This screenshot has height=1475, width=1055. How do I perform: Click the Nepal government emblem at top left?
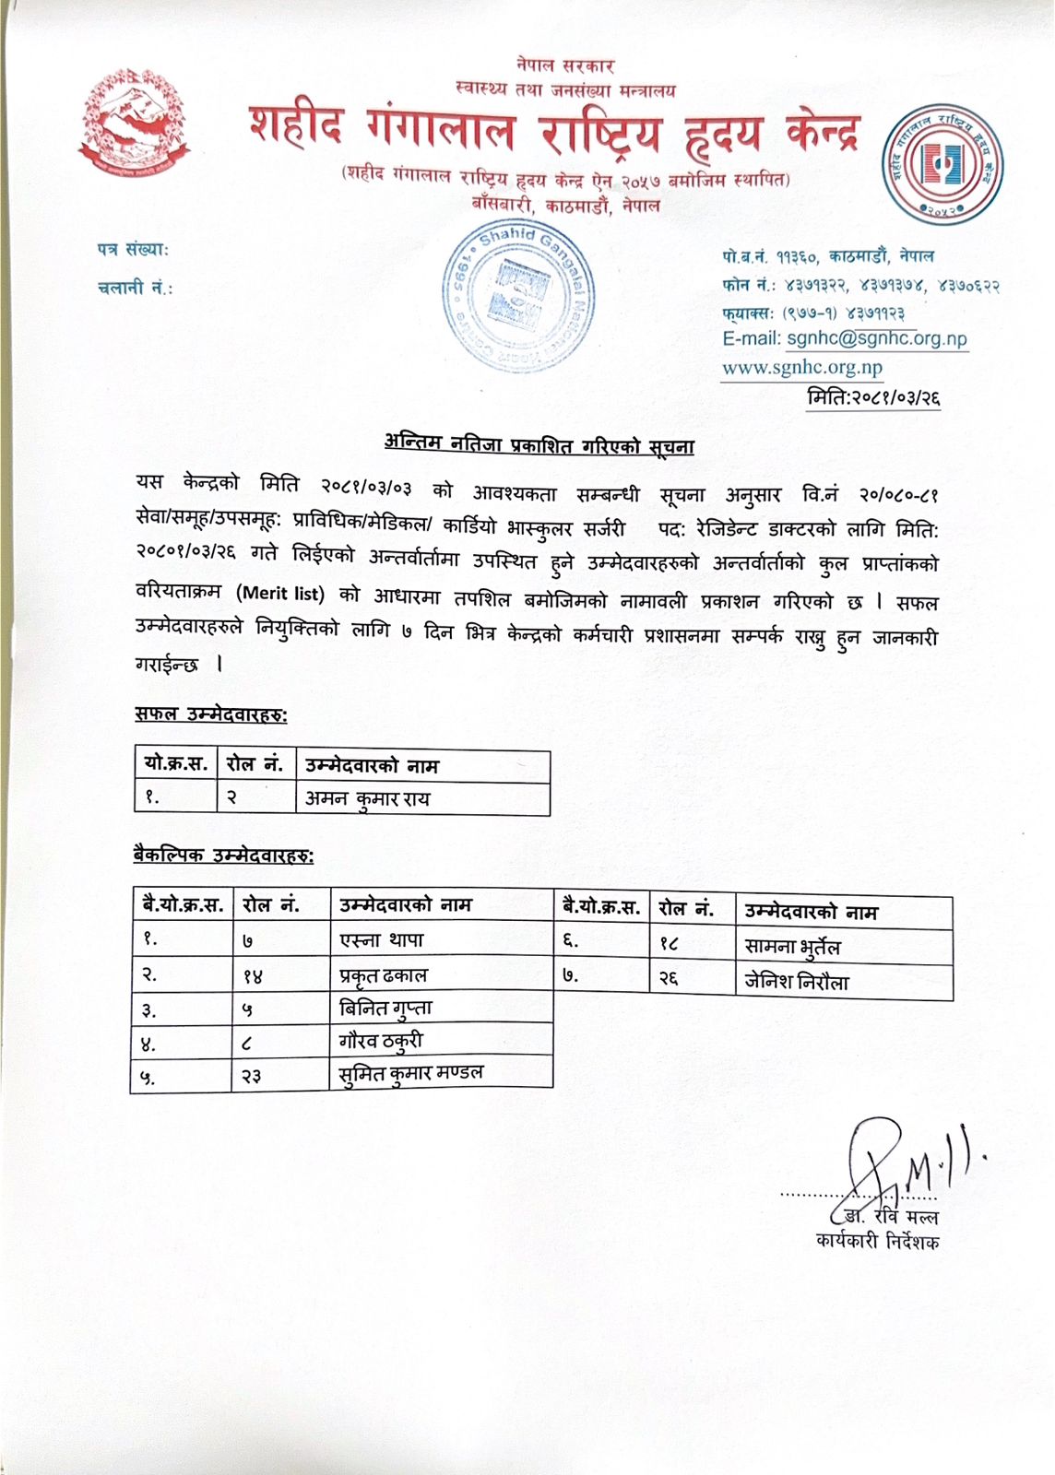[x=136, y=122]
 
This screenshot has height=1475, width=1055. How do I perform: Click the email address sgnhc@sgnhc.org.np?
[x=876, y=338]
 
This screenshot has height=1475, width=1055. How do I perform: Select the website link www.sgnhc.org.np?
[x=801, y=368]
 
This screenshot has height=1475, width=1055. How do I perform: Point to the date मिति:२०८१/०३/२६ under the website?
[x=872, y=398]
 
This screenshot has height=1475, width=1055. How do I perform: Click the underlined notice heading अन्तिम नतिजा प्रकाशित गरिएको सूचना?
[x=539, y=446]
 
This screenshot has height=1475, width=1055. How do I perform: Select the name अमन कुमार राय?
[x=368, y=798]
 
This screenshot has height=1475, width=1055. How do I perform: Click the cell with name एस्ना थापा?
[x=381, y=939]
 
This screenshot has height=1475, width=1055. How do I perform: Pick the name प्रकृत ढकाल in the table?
[x=384, y=974]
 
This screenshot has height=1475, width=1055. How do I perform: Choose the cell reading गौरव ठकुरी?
[x=381, y=1041]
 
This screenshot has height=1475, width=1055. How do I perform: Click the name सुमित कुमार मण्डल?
[x=411, y=1073]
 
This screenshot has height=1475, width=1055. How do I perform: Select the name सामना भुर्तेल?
[x=792, y=947]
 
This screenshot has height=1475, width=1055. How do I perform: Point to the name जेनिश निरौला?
[x=796, y=982]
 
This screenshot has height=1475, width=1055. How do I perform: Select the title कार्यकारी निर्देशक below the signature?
[x=877, y=1241]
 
